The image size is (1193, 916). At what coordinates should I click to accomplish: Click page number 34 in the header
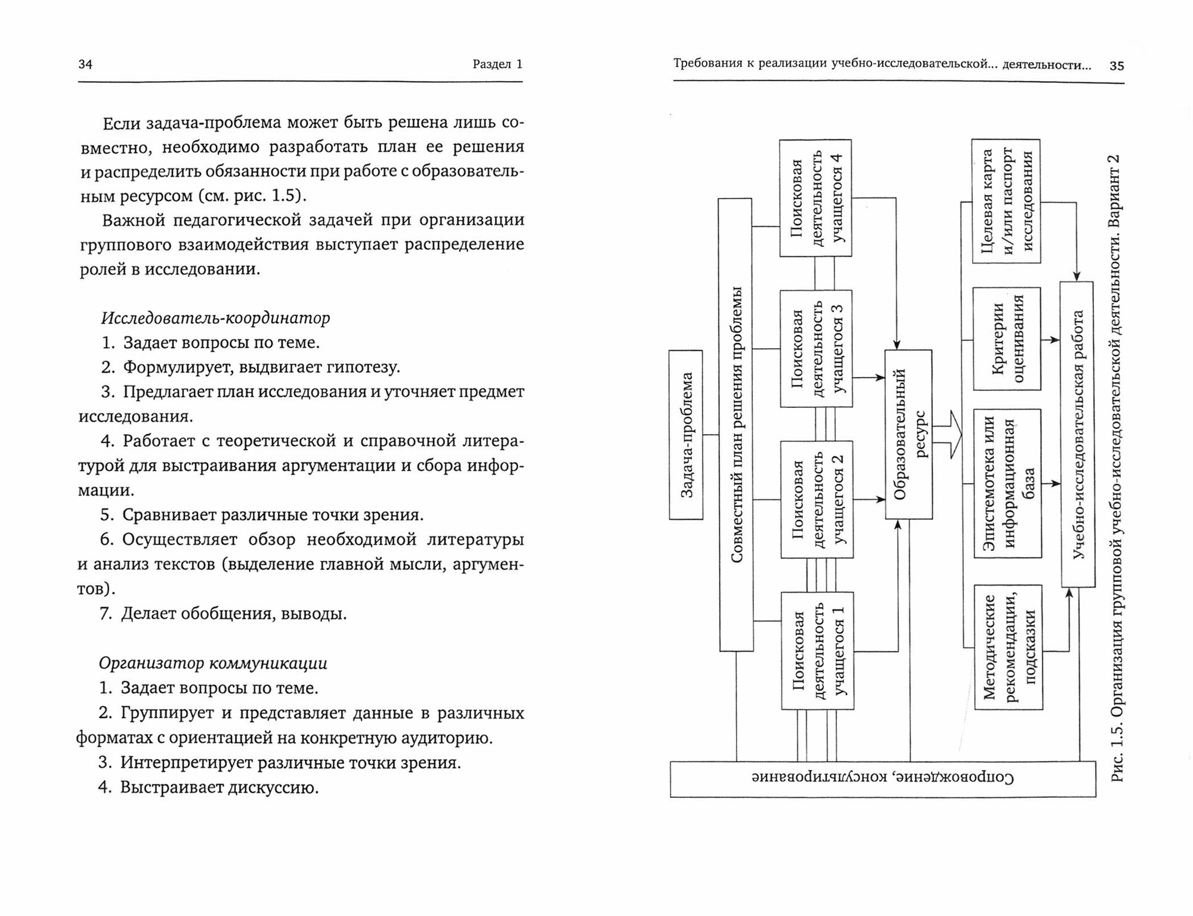85,64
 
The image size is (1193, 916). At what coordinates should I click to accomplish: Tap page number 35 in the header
1117,66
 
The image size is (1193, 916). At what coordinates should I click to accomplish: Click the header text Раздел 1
497,64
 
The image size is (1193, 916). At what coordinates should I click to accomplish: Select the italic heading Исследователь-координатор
215,318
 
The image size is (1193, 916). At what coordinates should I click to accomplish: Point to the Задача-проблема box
686,435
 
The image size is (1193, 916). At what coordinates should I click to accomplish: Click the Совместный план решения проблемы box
735,425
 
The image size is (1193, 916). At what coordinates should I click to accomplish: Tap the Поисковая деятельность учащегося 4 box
815,198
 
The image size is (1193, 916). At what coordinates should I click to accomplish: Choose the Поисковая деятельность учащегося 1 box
816,651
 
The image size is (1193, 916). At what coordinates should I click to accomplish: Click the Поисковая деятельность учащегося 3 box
815,349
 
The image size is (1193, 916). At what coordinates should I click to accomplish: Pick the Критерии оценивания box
1006,339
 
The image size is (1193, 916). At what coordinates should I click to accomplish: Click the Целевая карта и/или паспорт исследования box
1006,201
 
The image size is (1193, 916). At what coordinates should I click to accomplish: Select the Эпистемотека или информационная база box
1007,483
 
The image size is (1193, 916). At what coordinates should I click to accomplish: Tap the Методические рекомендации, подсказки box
1008,647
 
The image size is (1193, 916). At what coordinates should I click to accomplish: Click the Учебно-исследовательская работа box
1077,434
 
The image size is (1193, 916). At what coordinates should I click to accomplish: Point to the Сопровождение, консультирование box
882,779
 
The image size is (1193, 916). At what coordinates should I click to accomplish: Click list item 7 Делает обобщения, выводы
223,614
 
